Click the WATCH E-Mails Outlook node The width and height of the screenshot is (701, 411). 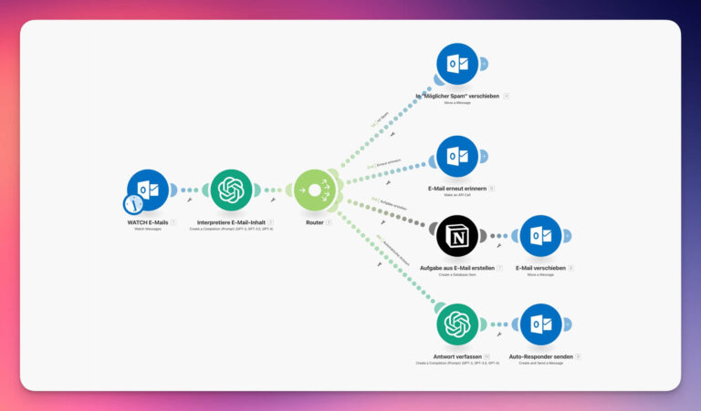(150, 190)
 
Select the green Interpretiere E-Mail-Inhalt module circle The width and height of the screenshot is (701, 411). (231, 190)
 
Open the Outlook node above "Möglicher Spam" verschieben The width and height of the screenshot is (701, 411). (457, 64)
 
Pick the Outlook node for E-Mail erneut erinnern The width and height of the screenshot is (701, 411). (457, 157)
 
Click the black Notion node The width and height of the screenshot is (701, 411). (457, 236)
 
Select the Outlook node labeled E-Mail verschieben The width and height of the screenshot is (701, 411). (540, 236)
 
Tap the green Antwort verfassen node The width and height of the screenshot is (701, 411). (457, 324)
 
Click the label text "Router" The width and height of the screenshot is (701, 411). (314, 221)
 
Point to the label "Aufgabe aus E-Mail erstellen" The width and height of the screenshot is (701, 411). (455, 268)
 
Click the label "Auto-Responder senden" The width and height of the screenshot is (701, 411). (539, 356)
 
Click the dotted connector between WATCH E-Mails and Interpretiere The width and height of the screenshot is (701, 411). (190, 190)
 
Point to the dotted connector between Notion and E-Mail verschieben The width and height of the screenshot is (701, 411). (498, 236)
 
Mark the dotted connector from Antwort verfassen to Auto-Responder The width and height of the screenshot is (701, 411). (498, 324)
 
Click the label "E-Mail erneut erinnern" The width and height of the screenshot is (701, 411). (456, 188)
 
